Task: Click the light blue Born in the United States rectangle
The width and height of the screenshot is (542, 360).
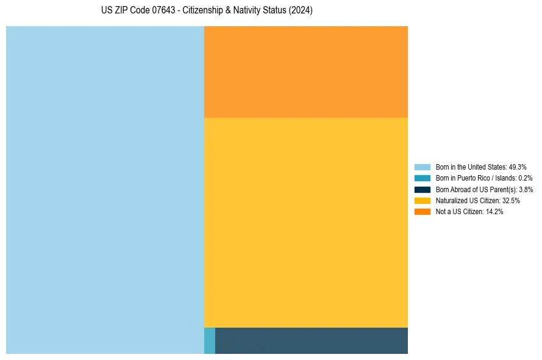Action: (x=105, y=190)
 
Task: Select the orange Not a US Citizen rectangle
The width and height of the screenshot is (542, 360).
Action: (x=305, y=71)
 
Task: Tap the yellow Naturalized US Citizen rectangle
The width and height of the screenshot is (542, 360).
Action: (x=305, y=222)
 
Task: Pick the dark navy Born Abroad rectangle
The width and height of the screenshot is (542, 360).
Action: (x=311, y=340)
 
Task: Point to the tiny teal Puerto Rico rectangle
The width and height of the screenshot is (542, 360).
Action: (x=209, y=340)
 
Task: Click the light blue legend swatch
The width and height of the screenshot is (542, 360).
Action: (x=422, y=167)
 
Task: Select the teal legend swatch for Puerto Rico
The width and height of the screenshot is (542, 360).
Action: (x=422, y=178)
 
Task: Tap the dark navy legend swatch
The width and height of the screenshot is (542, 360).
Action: (x=422, y=189)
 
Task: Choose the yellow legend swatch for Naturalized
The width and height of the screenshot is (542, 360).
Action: (x=422, y=200)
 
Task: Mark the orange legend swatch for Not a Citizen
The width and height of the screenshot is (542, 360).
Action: (x=422, y=211)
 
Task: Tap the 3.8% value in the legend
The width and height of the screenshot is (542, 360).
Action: (x=526, y=189)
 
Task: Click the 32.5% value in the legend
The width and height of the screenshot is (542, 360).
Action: (x=511, y=200)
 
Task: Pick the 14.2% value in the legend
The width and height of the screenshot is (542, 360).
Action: (x=494, y=211)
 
